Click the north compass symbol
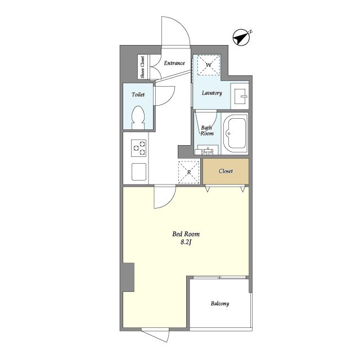[242, 37]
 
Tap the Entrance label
[174, 63]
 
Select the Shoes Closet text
[142, 67]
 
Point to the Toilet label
[138, 94]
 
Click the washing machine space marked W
[209, 65]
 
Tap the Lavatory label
[211, 93]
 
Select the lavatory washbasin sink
[240, 96]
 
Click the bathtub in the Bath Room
[235, 133]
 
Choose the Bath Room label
[207, 130]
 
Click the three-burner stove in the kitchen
[139, 148]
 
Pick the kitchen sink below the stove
[139, 172]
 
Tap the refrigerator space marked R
[189, 172]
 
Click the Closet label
[226, 171]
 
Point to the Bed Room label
[186, 234]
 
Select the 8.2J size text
[186, 242]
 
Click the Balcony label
[220, 304]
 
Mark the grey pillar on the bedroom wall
[128, 277]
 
